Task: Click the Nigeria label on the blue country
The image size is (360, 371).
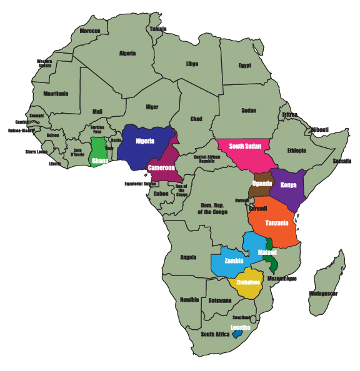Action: [x=144, y=141]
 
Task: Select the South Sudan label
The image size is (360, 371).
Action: [x=244, y=146]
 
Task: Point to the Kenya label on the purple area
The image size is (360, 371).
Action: [x=288, y=185]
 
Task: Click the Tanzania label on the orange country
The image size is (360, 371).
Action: [x=276, y=223]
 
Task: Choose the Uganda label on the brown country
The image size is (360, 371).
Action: [x=261, y=183]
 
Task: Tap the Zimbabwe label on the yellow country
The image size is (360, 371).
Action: [x=248, y=282]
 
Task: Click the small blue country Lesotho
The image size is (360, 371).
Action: [x=237, y=334]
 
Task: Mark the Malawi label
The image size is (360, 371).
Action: [x=267, y=252]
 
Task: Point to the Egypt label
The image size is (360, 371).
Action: [x=244, y=65]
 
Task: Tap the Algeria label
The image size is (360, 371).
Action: [x=127, y=54]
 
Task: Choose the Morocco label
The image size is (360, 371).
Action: [x=90, y=31]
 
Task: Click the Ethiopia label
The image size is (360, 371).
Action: [x=296, y=151]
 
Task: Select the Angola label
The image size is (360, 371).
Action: [x=188, y=257]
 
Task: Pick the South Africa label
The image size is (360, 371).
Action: [x=216, y=334]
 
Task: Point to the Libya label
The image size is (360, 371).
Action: [x=192, y=64]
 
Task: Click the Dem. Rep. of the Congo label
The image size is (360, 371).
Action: [x=215, y=208]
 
